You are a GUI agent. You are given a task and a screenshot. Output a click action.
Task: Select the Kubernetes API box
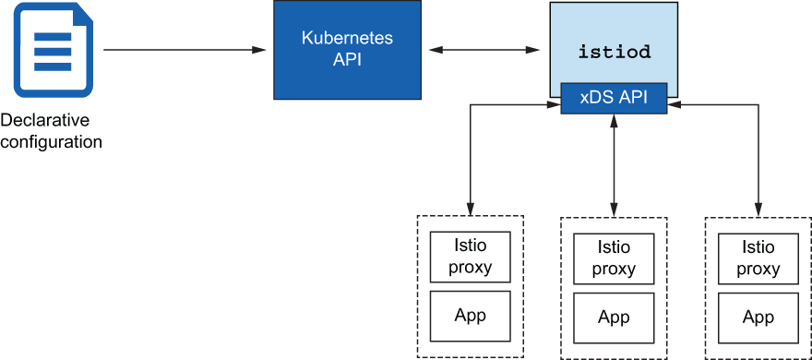point(348,50)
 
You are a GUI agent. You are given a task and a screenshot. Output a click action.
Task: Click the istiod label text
point(615,52)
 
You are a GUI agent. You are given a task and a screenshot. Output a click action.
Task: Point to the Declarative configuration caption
point(51,131)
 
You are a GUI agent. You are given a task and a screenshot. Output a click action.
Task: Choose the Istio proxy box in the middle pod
point(614,258)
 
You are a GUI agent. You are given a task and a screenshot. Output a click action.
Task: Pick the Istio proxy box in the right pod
point(758,258)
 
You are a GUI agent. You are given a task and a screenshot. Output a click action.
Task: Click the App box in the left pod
point(471,315)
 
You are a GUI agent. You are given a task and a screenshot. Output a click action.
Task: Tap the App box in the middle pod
point(614,318)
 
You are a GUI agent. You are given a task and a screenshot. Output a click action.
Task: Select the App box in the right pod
point(758,318)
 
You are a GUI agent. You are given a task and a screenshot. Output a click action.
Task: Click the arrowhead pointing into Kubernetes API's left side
point(266,50)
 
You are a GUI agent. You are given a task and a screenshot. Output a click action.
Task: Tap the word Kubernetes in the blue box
point(348,39)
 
